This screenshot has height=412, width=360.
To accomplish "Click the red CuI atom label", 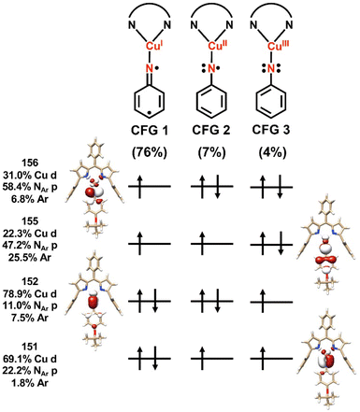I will (154, 42).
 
